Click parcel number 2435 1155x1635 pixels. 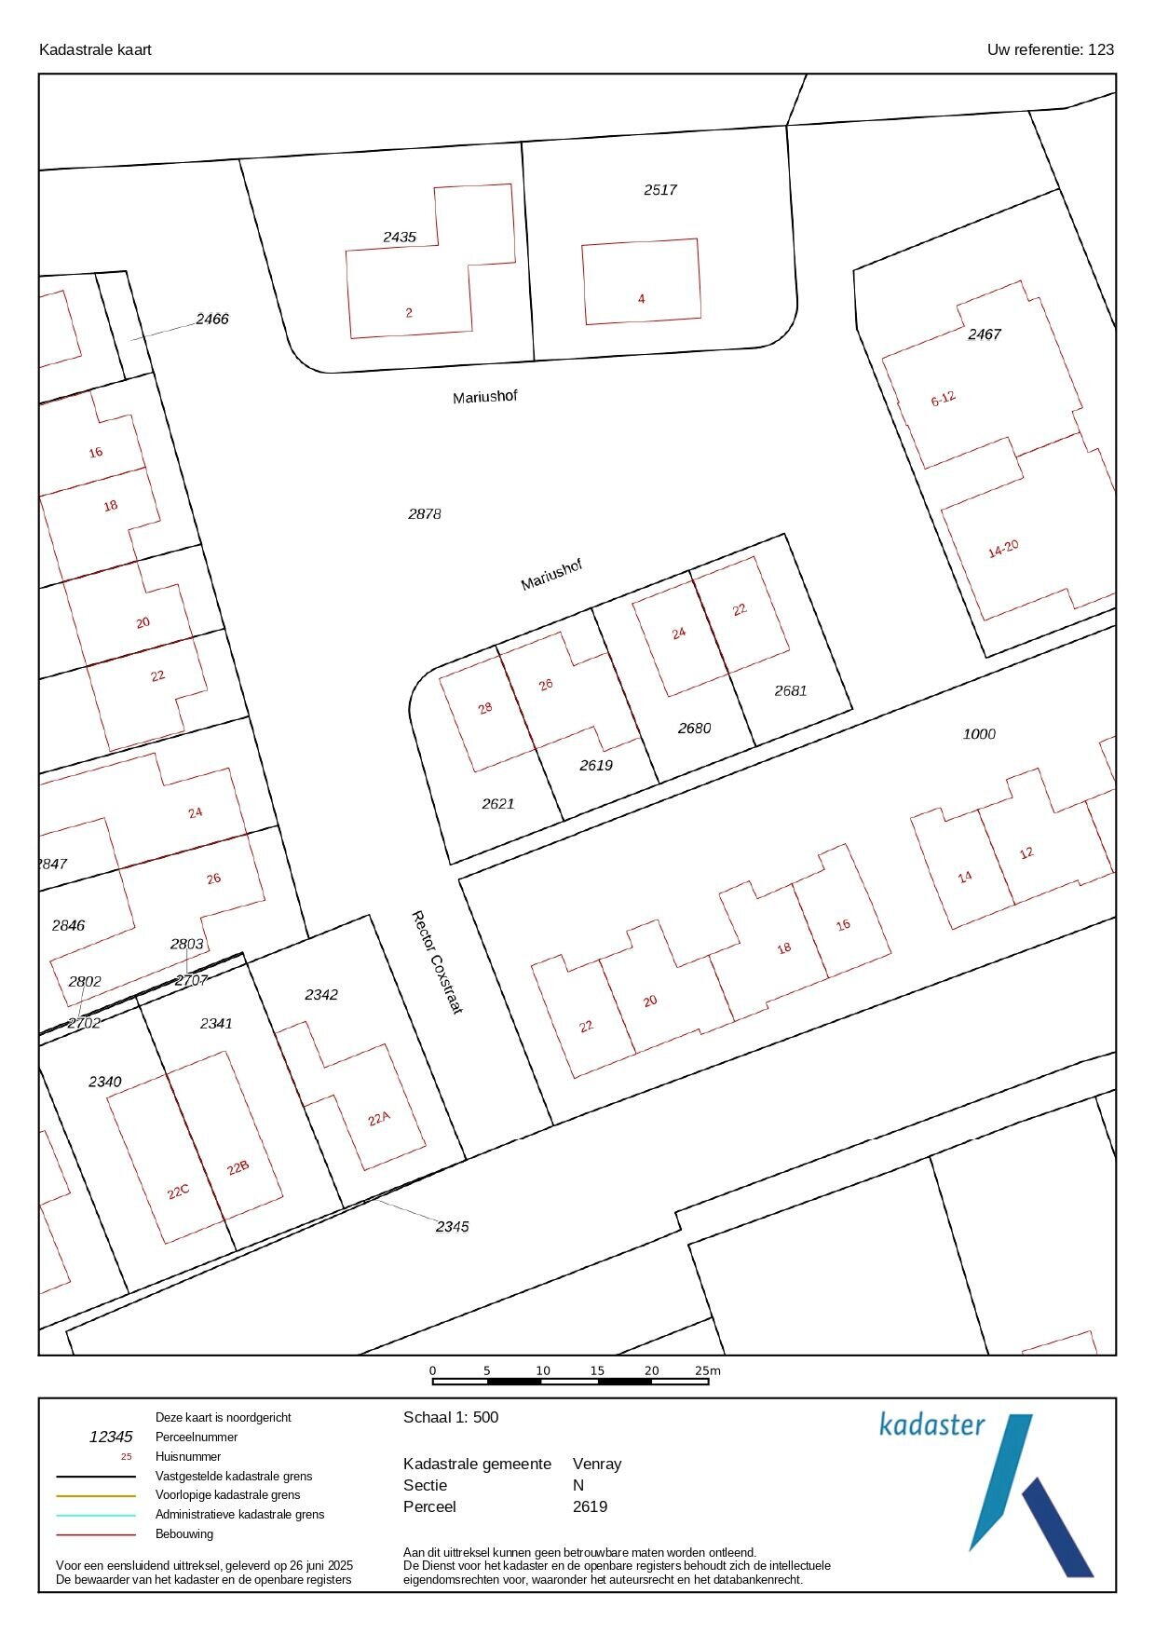click(x=400, y=237)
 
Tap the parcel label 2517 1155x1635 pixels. click(x=660, y=190)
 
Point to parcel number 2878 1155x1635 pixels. click(x=425, y=513)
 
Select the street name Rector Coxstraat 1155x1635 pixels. click(x=437, y=962)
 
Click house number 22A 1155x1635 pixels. click(x=378, y=1119)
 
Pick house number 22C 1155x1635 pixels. click(x=178, y=1192)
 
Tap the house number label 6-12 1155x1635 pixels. click(x=944, y=399)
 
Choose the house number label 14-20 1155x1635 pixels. click(x=1003, y=549)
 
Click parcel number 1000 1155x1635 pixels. click(x=979, y=734)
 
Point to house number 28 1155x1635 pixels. click(x=485, y=708)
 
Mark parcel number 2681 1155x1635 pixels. click(x=791, y=690)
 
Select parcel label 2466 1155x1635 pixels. click(x=212, y=319)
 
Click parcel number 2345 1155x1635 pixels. click(x=453, y=1226)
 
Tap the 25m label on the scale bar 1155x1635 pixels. click(x=708, y=1370)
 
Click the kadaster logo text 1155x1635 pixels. click(x=932, y=1424)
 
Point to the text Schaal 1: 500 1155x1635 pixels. click(x=451, y=1418)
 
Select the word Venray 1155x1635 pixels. click(x=597, y=1464)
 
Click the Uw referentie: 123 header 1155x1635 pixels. click(x=1051, y=49)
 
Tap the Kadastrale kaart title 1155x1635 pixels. click(x=95, y=49)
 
